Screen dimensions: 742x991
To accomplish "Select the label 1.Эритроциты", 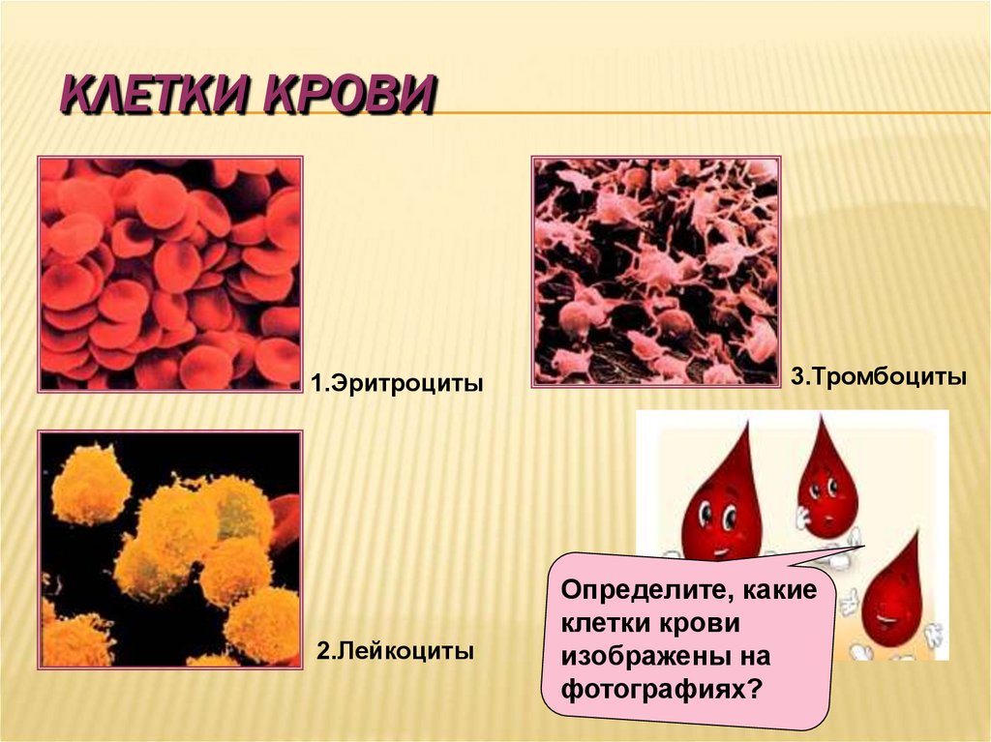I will [396, 384].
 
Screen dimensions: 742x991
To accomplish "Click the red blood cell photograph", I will [169, 274].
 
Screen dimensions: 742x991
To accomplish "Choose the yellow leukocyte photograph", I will [169, 549].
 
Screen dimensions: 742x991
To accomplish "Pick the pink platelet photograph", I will [656, 272].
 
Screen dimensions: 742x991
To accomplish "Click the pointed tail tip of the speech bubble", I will [862, 549].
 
